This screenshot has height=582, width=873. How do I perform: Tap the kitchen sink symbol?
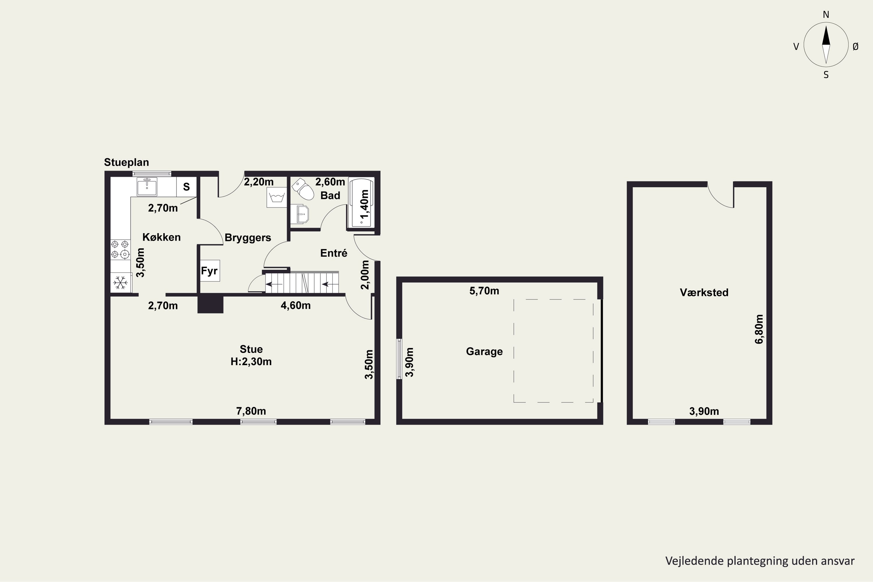(x=147, y=187)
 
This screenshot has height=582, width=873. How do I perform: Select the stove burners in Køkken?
(x=120, y=249)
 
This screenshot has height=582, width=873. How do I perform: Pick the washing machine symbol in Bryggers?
(x=276, y=197)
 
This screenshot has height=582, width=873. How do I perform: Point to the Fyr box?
(x=210, y=271)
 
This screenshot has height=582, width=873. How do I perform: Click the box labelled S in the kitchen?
(x=186, y=187)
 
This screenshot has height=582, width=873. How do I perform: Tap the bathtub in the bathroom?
(x=361, y=202)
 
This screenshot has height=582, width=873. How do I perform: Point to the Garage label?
(x=485, y=352)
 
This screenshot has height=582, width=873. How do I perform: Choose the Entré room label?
(x=334, y=253)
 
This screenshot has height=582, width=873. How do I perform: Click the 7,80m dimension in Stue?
(x=251, y=411)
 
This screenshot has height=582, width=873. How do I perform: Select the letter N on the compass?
(x=826, y=15)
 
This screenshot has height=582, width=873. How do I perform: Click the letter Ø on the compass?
(x=856, y=46)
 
